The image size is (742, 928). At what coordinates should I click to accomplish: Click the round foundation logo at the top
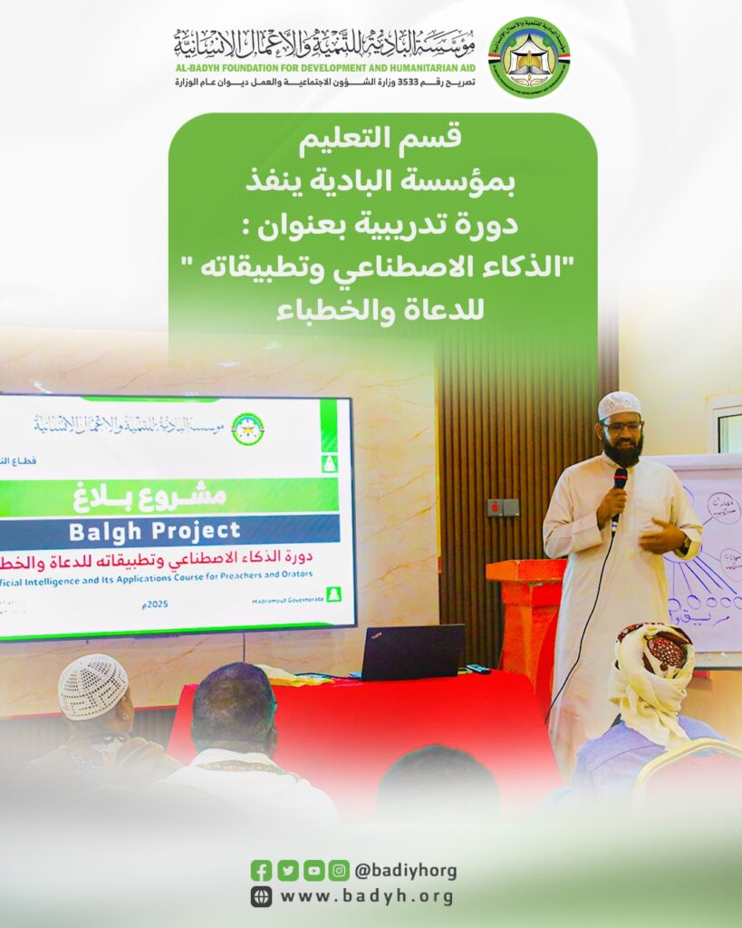(x=529, y=57)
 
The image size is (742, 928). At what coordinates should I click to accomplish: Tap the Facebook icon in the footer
(x=262, y=871)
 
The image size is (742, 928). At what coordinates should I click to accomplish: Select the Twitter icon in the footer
(x=288, y=871)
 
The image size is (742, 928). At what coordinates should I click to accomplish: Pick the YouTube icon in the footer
(x=313, y=871)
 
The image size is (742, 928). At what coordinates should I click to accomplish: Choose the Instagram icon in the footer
(x=339, y=871)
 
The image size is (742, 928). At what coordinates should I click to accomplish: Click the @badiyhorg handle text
(x=405, y=871)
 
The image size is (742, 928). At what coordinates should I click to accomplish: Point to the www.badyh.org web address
(x=367, y=897)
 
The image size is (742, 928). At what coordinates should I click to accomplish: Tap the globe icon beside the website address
(x=262, y=897)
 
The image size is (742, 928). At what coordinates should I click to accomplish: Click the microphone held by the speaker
(x=620, y=480)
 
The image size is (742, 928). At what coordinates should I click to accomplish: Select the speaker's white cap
(x=619, y=405)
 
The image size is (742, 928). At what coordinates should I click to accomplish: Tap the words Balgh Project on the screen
(x=170, y=530)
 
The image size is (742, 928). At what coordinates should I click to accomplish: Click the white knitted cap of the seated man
(x=93, y=685)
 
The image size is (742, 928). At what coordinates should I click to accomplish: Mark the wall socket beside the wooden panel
(x=503, y=507)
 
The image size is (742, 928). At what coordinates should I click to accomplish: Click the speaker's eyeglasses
(x=622, y=426)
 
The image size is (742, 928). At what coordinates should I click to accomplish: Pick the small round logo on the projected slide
(x=247, y=428)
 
